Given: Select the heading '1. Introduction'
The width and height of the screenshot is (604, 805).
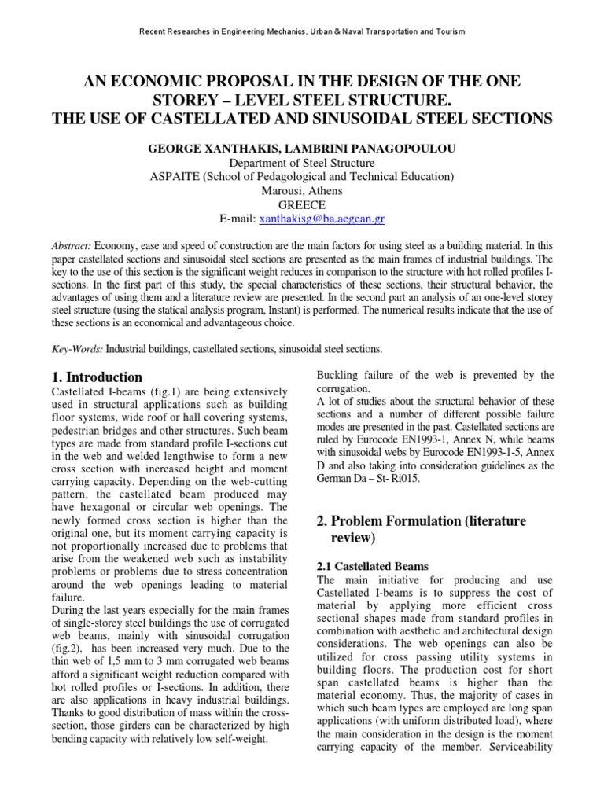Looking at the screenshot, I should pos(96,377).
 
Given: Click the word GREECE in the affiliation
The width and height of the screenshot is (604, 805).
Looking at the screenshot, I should pos(302,204).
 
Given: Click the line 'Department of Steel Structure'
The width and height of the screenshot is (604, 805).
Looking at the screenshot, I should pos(302,163).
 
